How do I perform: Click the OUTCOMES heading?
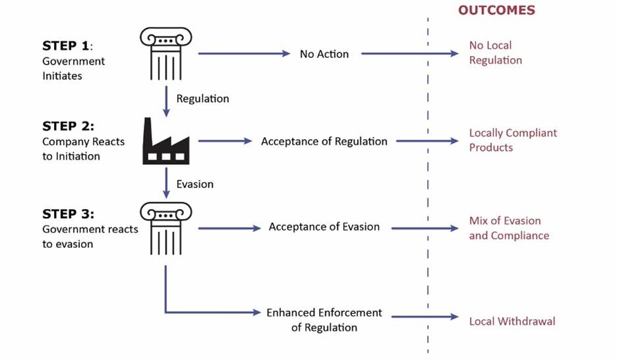(x=496, y=11)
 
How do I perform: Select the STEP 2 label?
(x=69, y=126)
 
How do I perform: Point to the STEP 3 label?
(x=69, y=214)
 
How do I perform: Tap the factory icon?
(x=165, y=141)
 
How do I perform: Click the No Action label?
(x=324, y=54)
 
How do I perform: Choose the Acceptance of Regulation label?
(x=324, y=141)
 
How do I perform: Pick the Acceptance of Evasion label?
(x=324, y=227)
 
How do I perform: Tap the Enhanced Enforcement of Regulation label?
(x=324, y=320)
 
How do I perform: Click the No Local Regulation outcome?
(x=495, y=53)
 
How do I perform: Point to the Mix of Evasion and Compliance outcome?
(x=508, y=228)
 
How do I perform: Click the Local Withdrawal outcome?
(x=512, y=321)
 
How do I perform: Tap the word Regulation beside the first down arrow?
(x=202, y=98)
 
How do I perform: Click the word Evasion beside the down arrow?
(x=194, y=184)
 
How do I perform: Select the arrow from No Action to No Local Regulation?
(x=409, y=54)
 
